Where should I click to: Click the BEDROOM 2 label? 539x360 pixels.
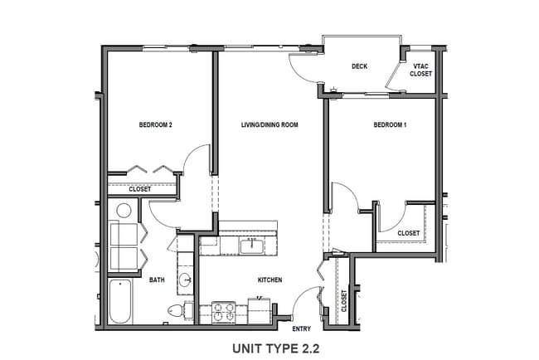click(x=155, y=125)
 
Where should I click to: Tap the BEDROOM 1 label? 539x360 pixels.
click(x=390, y=125)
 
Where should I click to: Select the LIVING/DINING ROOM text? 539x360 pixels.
click(x=269, y=125)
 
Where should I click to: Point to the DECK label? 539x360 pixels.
click(x=359, y=67)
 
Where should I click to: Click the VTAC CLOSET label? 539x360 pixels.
click(x=421, y=71)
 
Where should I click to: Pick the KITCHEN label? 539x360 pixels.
click(x=270, y=280)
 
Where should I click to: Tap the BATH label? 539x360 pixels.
click(x=157, y=280)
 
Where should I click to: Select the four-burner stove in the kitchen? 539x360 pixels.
click(x=224, y=311)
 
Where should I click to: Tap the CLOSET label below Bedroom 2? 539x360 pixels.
click(x=140, y=189)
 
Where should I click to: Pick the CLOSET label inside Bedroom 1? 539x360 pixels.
click(x=408, y=233)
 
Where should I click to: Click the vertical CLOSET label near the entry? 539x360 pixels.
click(x=344, y=298)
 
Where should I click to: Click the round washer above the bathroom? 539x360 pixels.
click(x=124, y=210)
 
